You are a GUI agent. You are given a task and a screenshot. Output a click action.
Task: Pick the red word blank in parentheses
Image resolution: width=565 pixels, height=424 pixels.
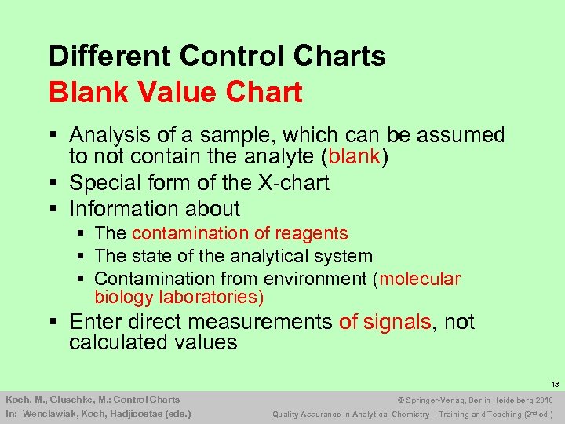354,156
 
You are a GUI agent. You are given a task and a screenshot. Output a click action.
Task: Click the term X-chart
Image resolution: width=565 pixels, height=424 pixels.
293,183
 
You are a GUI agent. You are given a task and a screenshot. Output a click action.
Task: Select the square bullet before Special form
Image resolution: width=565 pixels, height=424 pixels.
53,183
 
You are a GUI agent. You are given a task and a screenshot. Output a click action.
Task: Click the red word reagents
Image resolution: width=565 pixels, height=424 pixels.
311,234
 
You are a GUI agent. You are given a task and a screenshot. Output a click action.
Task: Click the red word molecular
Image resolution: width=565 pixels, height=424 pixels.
421,279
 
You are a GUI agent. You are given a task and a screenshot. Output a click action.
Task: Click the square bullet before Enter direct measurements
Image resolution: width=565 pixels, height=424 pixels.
53,322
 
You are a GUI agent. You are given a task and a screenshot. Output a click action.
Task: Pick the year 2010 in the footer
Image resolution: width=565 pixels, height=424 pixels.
541,400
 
